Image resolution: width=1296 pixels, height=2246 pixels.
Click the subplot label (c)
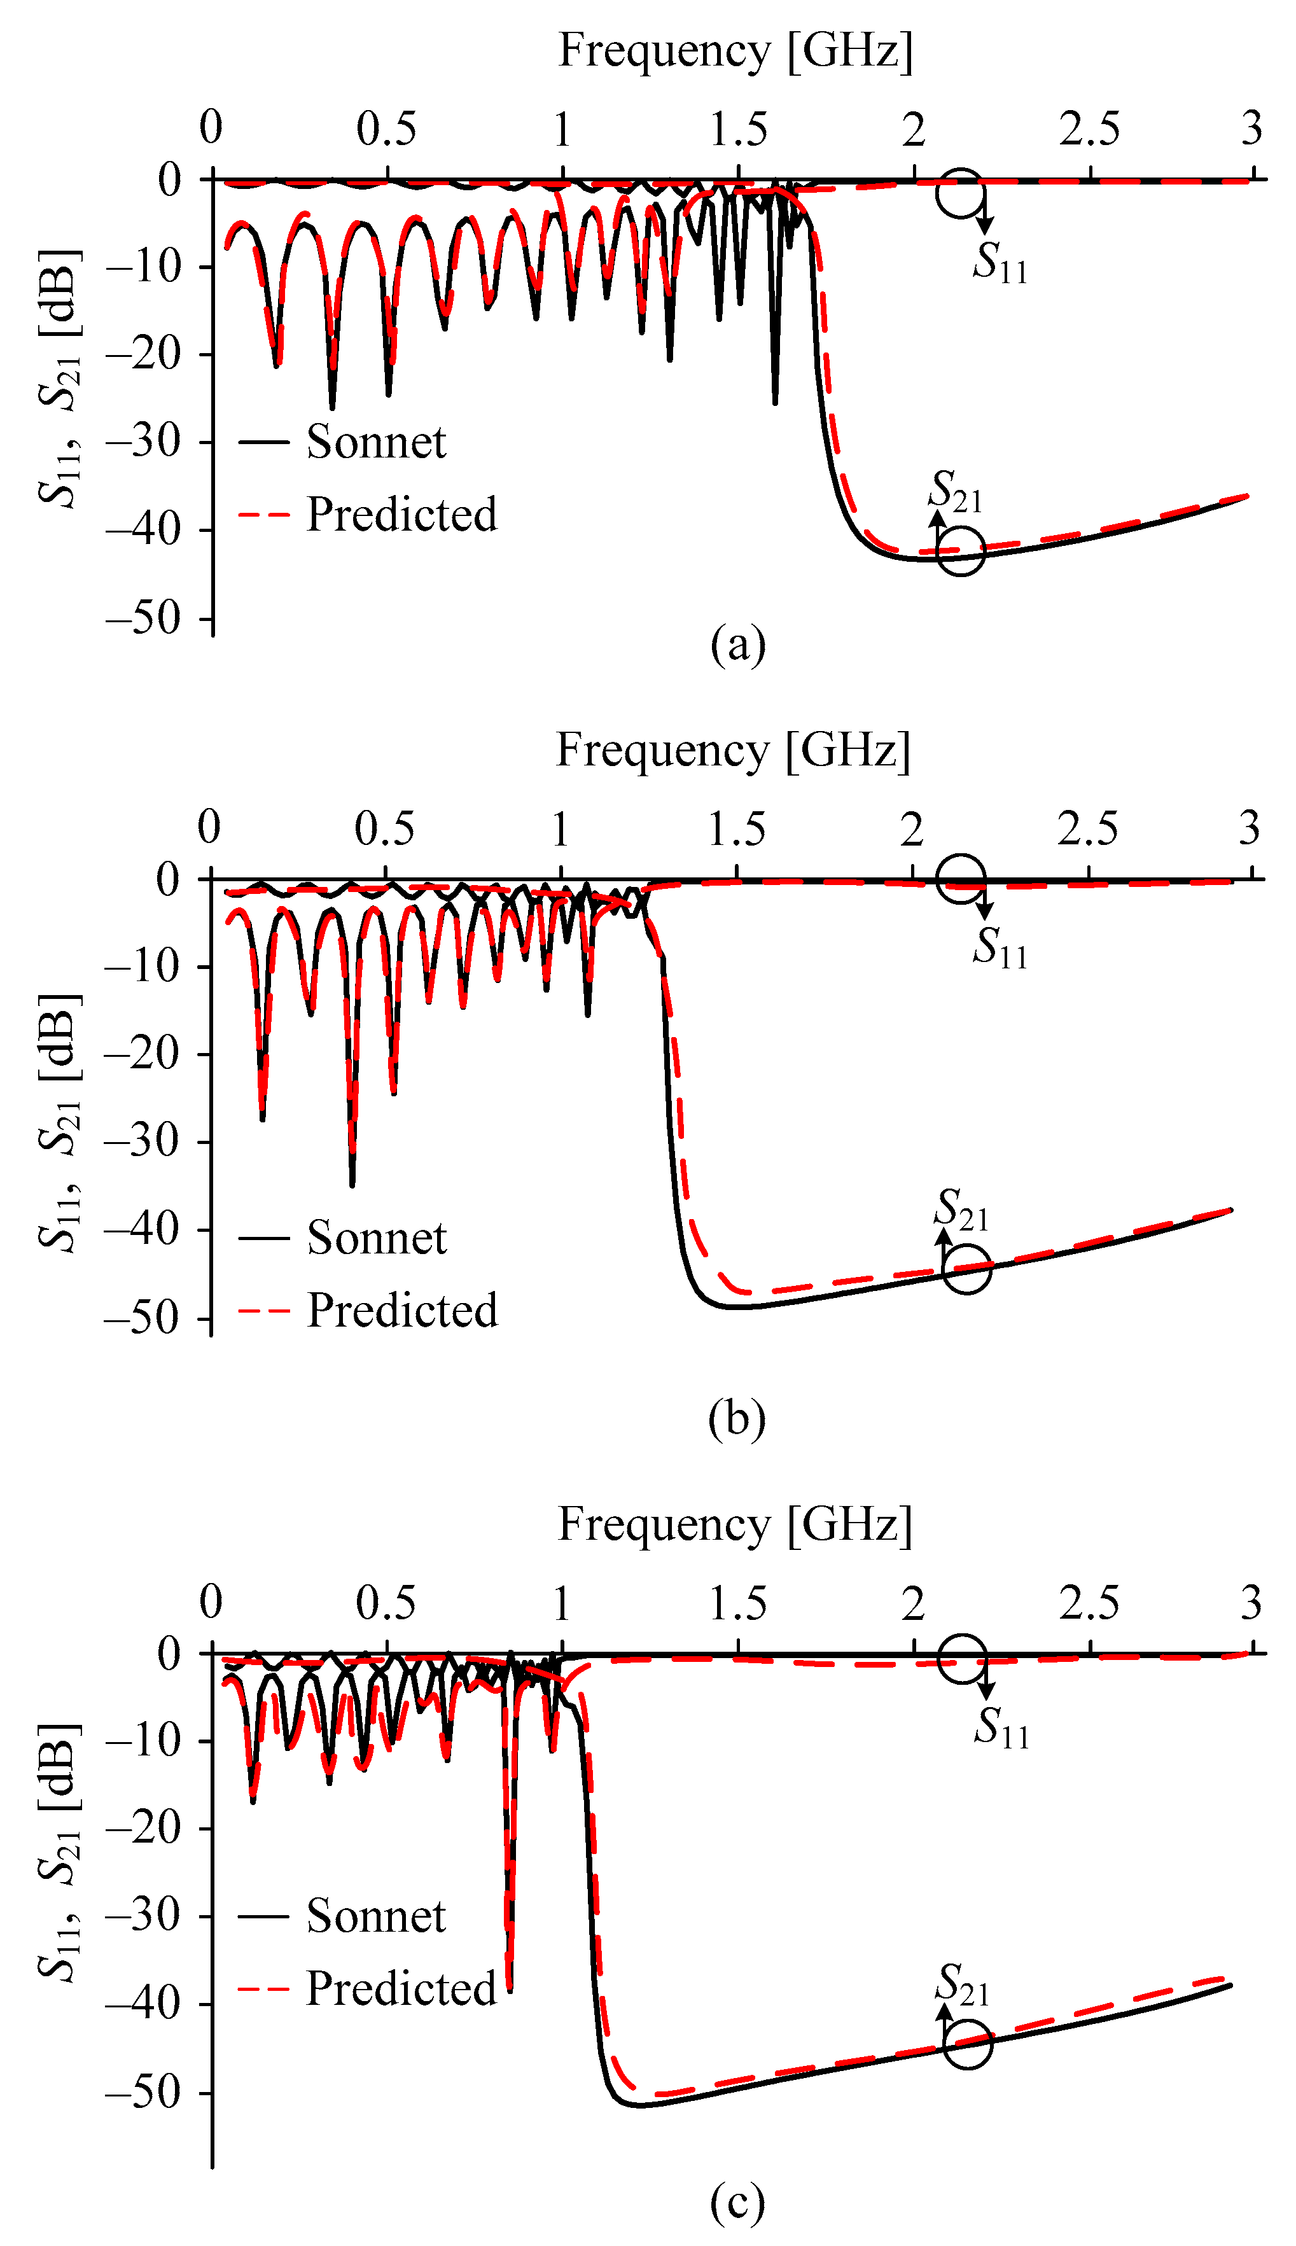coord(737,2201)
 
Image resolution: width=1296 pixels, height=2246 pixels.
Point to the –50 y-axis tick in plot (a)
coord(143,618)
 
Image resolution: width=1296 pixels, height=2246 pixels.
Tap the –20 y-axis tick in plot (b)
coord(143,1054)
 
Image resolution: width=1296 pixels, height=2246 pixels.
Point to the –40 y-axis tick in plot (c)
coord(143,2004)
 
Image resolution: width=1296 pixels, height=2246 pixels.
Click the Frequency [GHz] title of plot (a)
coord(735,51)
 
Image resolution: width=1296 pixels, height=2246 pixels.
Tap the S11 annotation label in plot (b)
coord(1000,947)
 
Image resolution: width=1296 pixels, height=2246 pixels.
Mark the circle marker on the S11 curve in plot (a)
coord(961,193)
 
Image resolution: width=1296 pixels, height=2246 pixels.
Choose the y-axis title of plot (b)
coord(60,1123)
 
